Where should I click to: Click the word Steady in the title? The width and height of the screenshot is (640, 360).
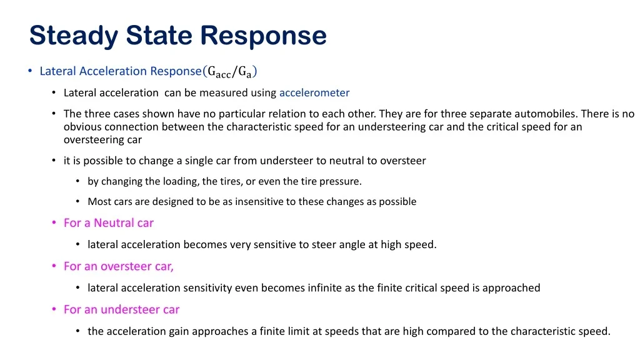click(x=74, y=36)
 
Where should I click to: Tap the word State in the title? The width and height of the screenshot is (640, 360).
click(x=159, y=35)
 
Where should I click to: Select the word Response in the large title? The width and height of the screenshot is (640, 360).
click(x=263, y=36)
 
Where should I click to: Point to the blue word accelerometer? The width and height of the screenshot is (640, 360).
click(x=314, y=92)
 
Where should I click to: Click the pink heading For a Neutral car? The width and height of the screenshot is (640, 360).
click(x=109, y=223)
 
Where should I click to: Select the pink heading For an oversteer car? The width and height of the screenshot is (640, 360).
click(x=118, y=266)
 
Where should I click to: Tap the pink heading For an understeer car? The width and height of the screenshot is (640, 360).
click(x=122, y=309)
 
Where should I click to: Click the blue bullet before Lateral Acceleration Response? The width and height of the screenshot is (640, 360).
click(x=30, y=71)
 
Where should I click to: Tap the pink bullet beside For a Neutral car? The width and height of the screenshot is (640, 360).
click(x=54, y=223)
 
